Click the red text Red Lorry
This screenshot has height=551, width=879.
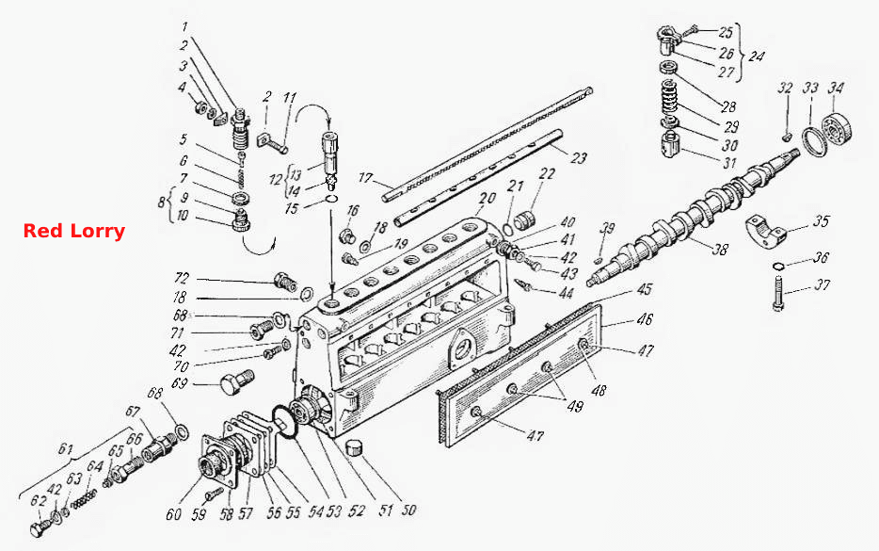tap(74, 231)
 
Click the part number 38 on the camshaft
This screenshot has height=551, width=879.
tap(720, 248)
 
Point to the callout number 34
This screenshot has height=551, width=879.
tap(836, 89)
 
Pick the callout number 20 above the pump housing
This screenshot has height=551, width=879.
tap(487, 199)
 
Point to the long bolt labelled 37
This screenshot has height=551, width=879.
tap(777, 292)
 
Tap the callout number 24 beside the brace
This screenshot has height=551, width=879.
tap(757, 57)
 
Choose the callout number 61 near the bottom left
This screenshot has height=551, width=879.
tap(66, 449)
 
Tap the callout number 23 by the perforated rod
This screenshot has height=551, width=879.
tap(578, 157)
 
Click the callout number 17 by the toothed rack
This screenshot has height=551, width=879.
tap(365, 178)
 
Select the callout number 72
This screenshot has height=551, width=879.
tap(182, 278)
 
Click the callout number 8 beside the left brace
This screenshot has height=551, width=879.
tap(162, 202)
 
